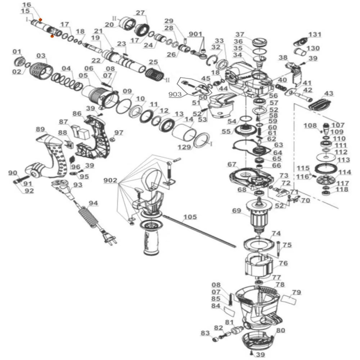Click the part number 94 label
tap(93, 203)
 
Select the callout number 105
tap(190, 217)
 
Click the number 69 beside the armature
tap(236, 210)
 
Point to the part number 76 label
tap(283, 263)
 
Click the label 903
tap(175, 94)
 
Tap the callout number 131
tap(315, 35)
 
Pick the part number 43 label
tap(328, 93)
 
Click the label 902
tap(110, 180)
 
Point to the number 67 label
tap(231, 165)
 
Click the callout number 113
tap(343, 159)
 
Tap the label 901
tap(195, 34)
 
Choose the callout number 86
tap(77, 114)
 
